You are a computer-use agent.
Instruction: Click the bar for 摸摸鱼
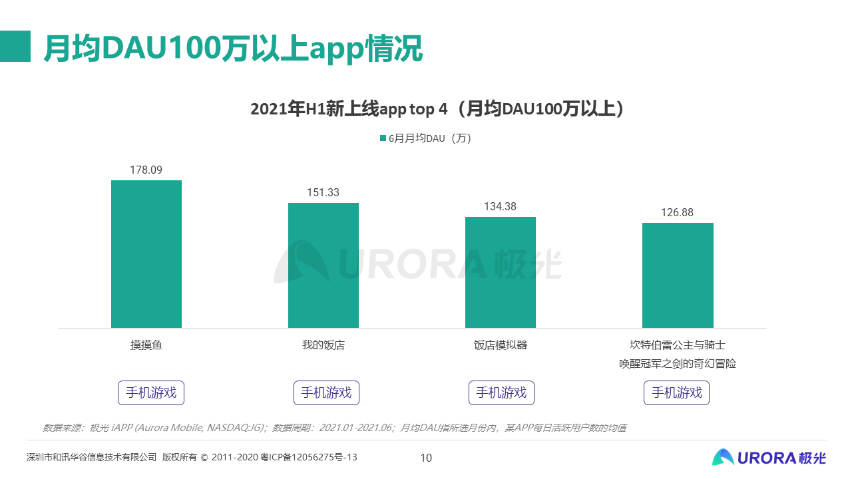click(x=146, y=254)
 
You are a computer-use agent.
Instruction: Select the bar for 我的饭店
click(x=323, y=265)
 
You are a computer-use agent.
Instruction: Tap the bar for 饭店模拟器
click(x=500, y=272)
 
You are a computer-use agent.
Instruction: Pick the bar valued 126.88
click(x=678, y=275)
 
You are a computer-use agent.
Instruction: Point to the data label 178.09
click(x=146, y=170)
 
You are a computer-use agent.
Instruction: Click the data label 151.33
click(x=323, y=193)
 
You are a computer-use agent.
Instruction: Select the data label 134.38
click(x=500, y=207)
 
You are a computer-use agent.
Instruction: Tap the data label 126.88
click(x=677, y=213)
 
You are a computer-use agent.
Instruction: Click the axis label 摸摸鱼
click(x=146, y=345)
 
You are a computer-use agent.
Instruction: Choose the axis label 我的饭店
click(x=323, y=345)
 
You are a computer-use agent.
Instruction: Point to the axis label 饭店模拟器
click(x=500, y=345)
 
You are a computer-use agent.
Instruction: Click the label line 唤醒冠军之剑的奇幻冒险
click(x=677, y=364)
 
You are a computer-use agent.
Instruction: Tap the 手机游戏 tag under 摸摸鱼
click(x=151, y=393)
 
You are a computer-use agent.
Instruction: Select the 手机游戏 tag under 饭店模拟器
click(x=501, y=393)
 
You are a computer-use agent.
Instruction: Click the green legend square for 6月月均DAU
click(x=383, y=138)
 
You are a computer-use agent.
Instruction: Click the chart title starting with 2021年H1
click(x=437, y=109)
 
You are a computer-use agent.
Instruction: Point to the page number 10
click(x=426, y=458)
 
